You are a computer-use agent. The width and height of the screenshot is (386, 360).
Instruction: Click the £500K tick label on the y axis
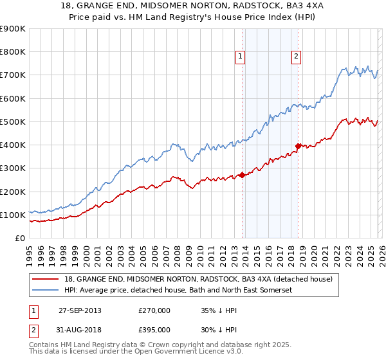pyautogui.click(x=13, y=122)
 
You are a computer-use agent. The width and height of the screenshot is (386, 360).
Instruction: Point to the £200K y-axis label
pyautogui.click(x=13, y=192)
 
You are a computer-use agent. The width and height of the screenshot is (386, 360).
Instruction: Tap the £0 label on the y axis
pyautogui.click(x=20, y=238)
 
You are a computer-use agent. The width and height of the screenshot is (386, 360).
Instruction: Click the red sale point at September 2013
pyautogui.click(x=242, y=175)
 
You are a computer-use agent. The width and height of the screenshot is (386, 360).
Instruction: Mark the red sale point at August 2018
pyautogui.click(x=298, y=146)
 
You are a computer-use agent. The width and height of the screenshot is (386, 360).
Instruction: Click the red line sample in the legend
pyautogui.click(x=46, y=279)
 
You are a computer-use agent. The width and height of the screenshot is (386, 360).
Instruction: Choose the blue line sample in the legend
pyautogui.click(x=46, y=291)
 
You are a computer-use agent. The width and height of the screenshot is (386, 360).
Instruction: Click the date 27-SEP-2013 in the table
pyautogui.click(x=80, y=310)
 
